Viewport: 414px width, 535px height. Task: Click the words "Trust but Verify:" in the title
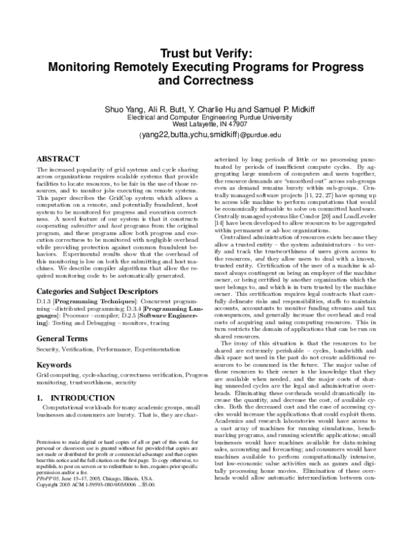click(206, 52)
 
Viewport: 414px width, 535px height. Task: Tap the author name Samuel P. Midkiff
click(279, 110)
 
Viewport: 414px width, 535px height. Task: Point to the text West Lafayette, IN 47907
click(206, 125)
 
